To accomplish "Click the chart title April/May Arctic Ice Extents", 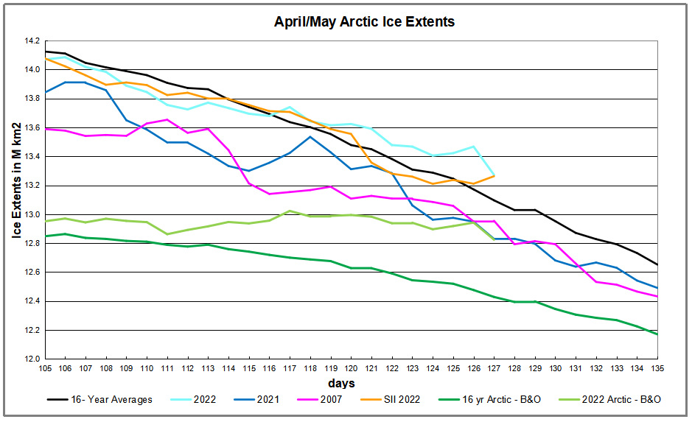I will [364, 22].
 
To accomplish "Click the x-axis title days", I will [342, 383].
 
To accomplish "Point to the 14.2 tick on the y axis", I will [31, 41].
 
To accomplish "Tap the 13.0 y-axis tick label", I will [31, 214].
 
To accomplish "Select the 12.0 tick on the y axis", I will [31, 359].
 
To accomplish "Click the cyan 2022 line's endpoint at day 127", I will [494, 175].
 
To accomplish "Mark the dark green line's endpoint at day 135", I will [657, 334].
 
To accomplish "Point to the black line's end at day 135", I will [657, 265].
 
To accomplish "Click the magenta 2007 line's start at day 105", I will [46, 129].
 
